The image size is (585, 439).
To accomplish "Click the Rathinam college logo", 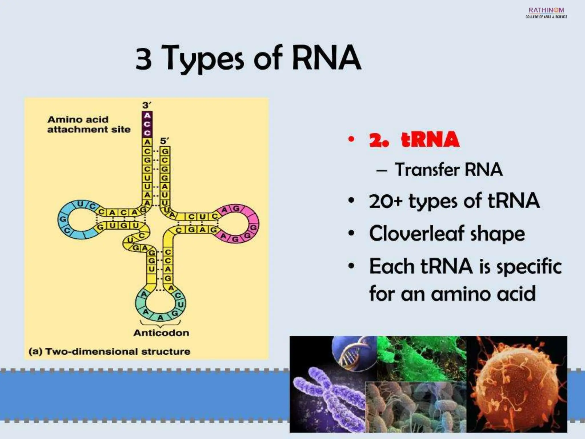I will coord(546,13).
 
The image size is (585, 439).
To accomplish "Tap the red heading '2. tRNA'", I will coord(414,140).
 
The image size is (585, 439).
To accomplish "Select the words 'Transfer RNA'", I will coord(448,170).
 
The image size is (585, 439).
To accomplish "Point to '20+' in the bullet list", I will coord(385,201).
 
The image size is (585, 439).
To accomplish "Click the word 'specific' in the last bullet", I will coord(529,267).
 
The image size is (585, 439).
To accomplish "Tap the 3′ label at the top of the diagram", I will coord(147,105).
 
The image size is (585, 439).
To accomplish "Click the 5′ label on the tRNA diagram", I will coord(165,141).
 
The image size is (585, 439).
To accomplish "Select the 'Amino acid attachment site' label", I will coord(89,125).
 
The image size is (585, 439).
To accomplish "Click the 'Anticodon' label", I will coord(161,333).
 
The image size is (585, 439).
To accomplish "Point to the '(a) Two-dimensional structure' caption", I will coord(109,352).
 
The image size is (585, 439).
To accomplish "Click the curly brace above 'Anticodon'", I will coord(161,324).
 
